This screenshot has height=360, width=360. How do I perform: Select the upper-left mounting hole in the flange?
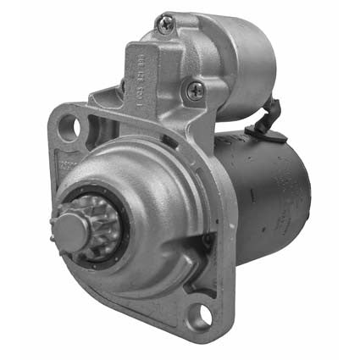(x=70, y=127)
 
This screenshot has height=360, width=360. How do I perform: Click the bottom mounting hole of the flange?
(x=204, y=315)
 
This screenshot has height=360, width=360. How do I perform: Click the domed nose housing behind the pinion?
(x=144, y=203)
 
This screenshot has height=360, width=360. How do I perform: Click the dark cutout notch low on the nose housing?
(x=203, y=246)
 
